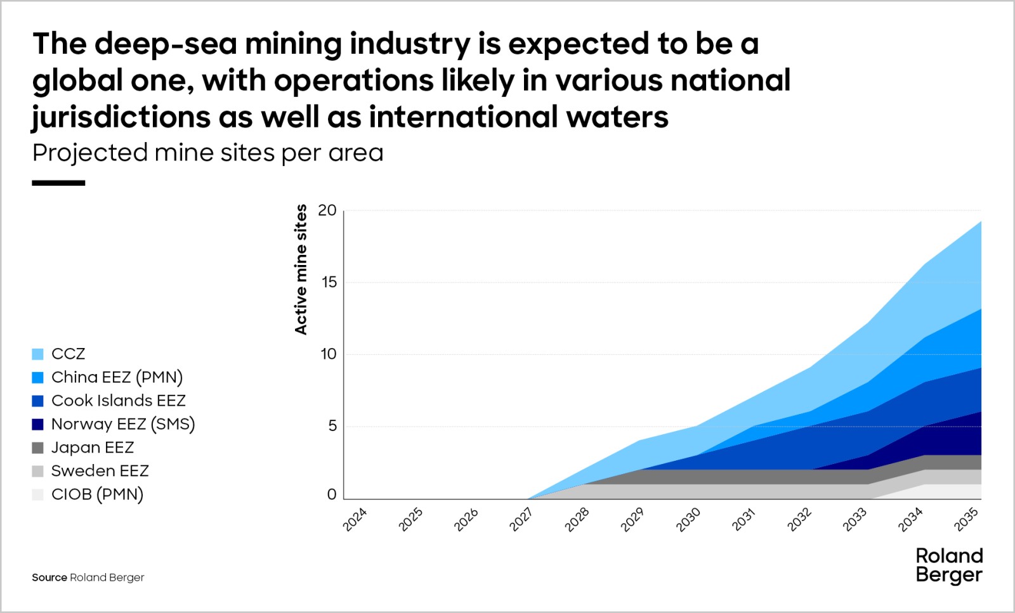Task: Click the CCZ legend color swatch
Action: click(37, 354)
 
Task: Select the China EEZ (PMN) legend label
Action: click(117, 377)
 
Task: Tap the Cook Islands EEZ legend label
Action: click(118, 401)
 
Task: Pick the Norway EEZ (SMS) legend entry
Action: click(122, 424)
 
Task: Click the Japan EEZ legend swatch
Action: click(37, 448)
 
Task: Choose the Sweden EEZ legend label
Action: click(100, 471)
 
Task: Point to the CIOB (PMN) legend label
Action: click(97, 494)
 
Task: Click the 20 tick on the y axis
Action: click(327, 210)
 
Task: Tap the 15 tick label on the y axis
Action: click(329, 283)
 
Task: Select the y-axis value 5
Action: click(332, 426)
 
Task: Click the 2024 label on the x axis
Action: click(355, 519)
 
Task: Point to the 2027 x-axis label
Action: click(521, 519)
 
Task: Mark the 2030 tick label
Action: click(688, 519)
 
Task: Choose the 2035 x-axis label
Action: click(967, 519)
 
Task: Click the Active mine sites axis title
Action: click(301, 269)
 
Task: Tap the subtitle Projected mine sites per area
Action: click(207, 153)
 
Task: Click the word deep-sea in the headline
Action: click(166, 44)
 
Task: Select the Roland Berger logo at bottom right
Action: click(949, 565)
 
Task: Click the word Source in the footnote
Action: click(49, 578)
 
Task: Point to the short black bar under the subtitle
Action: click(58, 183)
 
